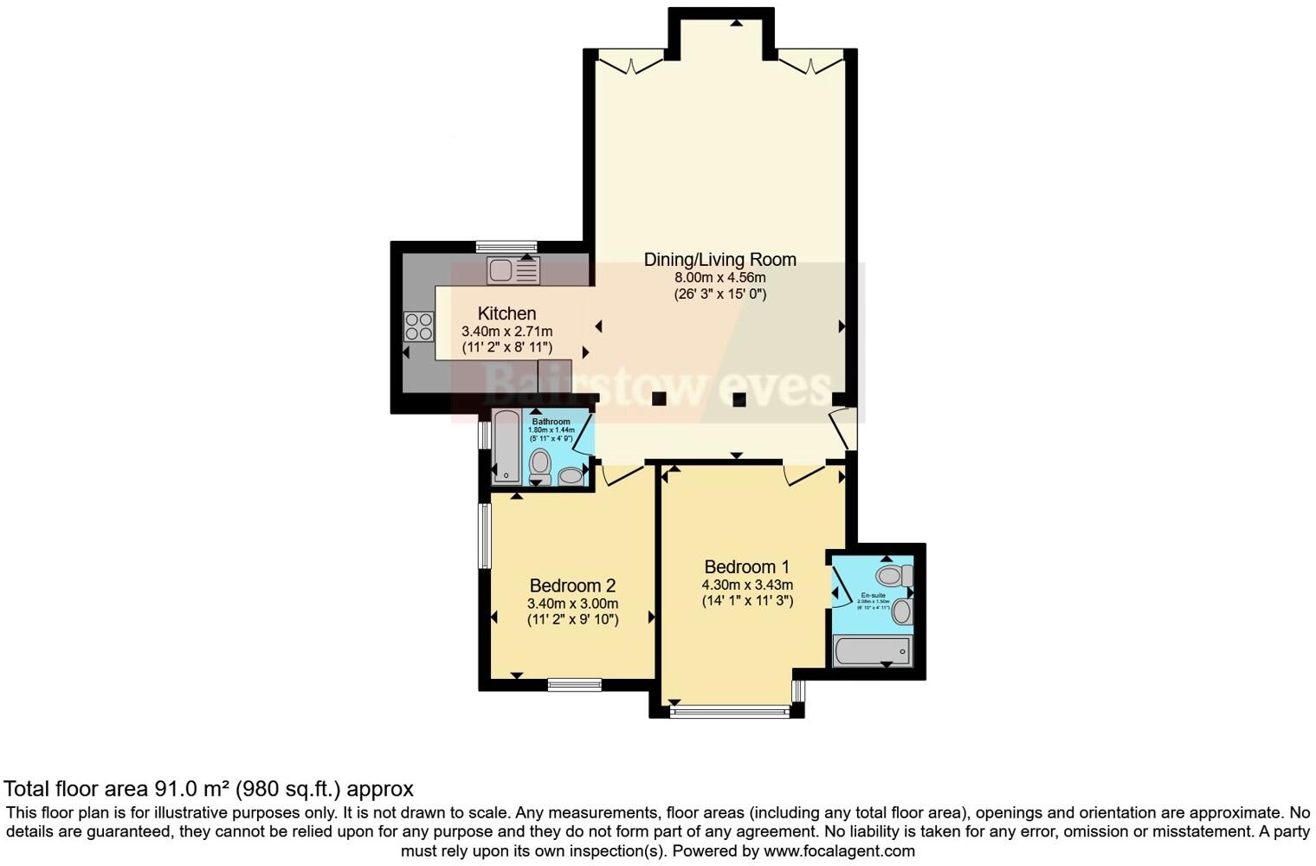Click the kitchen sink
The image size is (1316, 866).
pos(513,270)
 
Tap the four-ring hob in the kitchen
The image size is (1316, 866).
pos(418,326)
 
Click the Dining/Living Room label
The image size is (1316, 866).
pos(719,259)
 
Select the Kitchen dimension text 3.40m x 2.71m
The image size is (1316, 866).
pos(506,331)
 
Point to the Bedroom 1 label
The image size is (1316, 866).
pos(746,567)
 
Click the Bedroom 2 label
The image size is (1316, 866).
pos(572,585)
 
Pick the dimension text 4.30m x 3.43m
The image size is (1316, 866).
pos(747,585)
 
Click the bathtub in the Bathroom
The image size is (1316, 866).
pos(506,446)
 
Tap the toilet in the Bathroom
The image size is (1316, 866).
pos(539,463)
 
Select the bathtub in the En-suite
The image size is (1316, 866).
pos(872,650)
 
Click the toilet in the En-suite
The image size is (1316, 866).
pos(893,575)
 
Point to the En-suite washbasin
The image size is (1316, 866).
pos(902,611)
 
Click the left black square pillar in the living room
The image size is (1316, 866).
pos(659,398)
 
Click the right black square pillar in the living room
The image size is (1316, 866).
pos(739,399)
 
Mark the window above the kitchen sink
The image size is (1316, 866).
pos(506,246)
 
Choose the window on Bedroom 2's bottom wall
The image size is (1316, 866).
pos(574,685)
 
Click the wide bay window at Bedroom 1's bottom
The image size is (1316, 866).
pos(729,712)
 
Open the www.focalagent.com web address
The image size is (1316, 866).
pos(839,850)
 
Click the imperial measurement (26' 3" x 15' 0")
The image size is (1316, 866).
pos(719,294)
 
